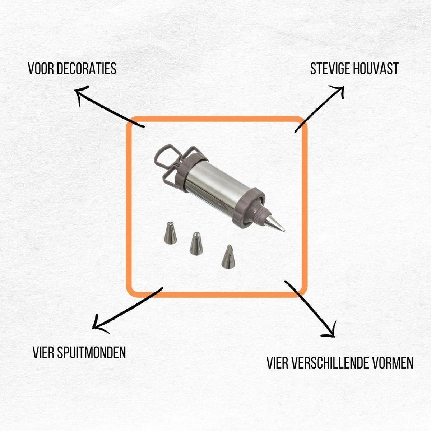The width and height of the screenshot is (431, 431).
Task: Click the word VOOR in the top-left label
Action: coord(41,69)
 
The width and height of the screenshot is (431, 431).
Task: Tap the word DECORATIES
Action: coord(87,69)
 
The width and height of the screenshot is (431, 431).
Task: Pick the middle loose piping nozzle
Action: coord(196,244)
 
